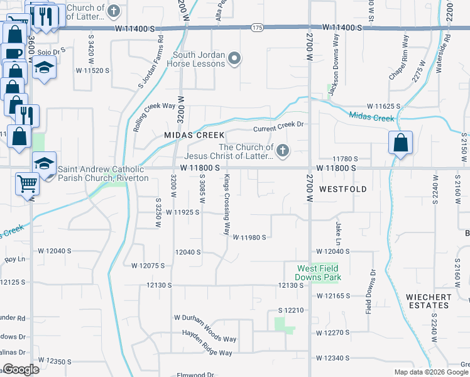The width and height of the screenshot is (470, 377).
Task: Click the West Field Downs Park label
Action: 319,273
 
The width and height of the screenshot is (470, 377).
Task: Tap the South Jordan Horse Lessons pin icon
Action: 234,59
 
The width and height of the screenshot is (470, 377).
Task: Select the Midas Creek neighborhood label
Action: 194,135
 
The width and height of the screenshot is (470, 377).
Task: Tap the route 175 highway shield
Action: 256,28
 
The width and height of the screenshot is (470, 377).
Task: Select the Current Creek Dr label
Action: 278,129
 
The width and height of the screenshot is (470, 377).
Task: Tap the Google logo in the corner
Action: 21,369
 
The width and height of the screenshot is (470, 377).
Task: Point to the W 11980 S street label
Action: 250,238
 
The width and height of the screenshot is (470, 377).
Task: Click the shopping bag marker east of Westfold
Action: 400,143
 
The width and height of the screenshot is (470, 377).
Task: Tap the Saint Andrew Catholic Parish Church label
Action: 103,173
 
